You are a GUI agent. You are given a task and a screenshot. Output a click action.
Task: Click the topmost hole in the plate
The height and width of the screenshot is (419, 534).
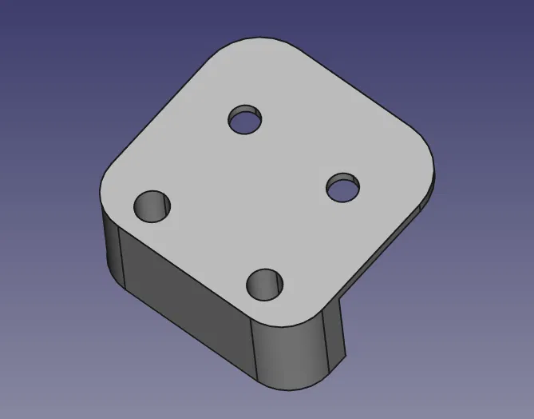(246, 121)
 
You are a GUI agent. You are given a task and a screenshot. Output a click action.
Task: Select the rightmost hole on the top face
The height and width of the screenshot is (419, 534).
(343, 189)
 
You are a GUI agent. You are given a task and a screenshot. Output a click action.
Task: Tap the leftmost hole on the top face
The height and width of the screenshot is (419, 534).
(153, 207)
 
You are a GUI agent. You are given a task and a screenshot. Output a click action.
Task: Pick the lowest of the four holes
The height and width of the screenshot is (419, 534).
(267, 283)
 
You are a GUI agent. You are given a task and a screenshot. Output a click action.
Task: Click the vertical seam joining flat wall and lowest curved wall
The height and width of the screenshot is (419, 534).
(253, 352)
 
